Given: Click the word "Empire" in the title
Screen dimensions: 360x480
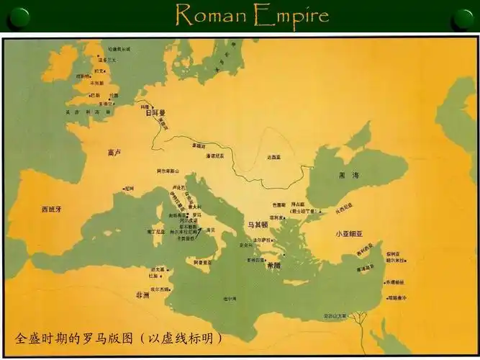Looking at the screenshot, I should coord(289,16).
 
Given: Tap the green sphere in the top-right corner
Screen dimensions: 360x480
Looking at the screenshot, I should coord(463,17).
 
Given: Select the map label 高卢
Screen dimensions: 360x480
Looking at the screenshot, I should coord(112,153).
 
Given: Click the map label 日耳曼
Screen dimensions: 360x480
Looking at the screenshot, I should coord(155,113).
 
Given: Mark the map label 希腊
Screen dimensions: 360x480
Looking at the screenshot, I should coord(273,265).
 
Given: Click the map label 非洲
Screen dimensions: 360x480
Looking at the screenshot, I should coord(143,294).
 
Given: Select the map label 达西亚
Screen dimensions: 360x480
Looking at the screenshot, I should coord(273,156).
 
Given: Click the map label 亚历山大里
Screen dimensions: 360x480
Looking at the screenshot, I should coord(335,315).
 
